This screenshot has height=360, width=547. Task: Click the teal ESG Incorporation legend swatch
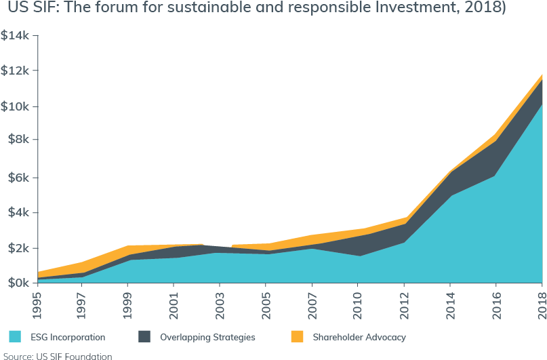[15, 336]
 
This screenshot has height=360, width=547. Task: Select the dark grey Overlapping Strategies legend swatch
[144, 336]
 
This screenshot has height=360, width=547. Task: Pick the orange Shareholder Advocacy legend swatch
[296, 336]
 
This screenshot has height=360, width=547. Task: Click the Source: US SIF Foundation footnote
[56, 355]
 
